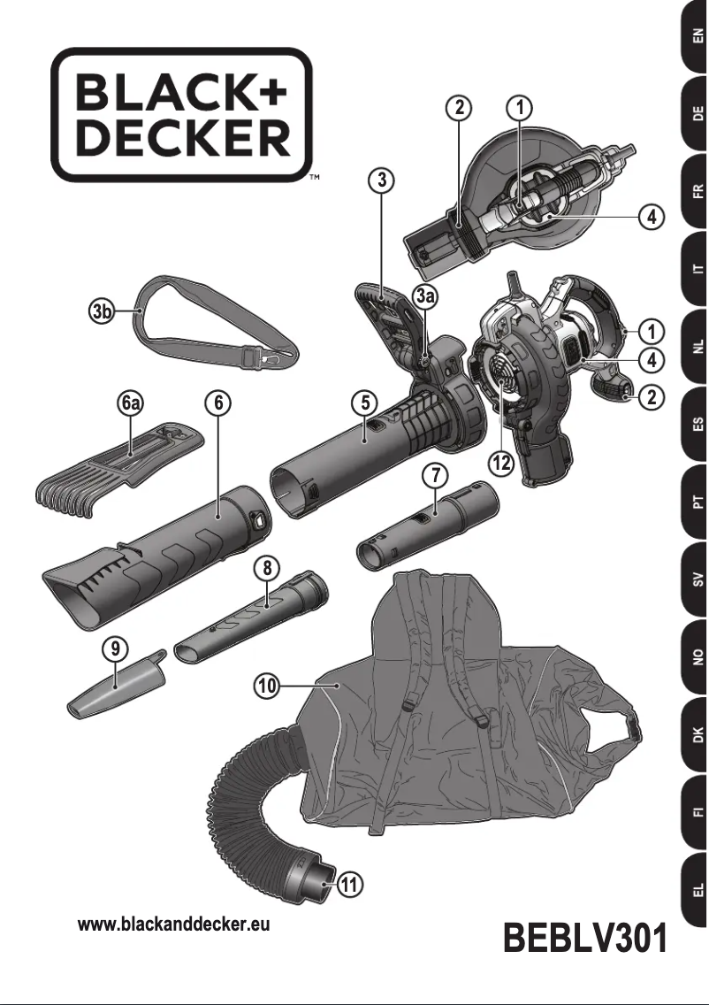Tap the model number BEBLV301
click(x=584, y=939)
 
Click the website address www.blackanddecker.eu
click(x=174, y=925)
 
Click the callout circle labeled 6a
click(x=132, y=403)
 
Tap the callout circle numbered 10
click(x=269, y=684)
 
